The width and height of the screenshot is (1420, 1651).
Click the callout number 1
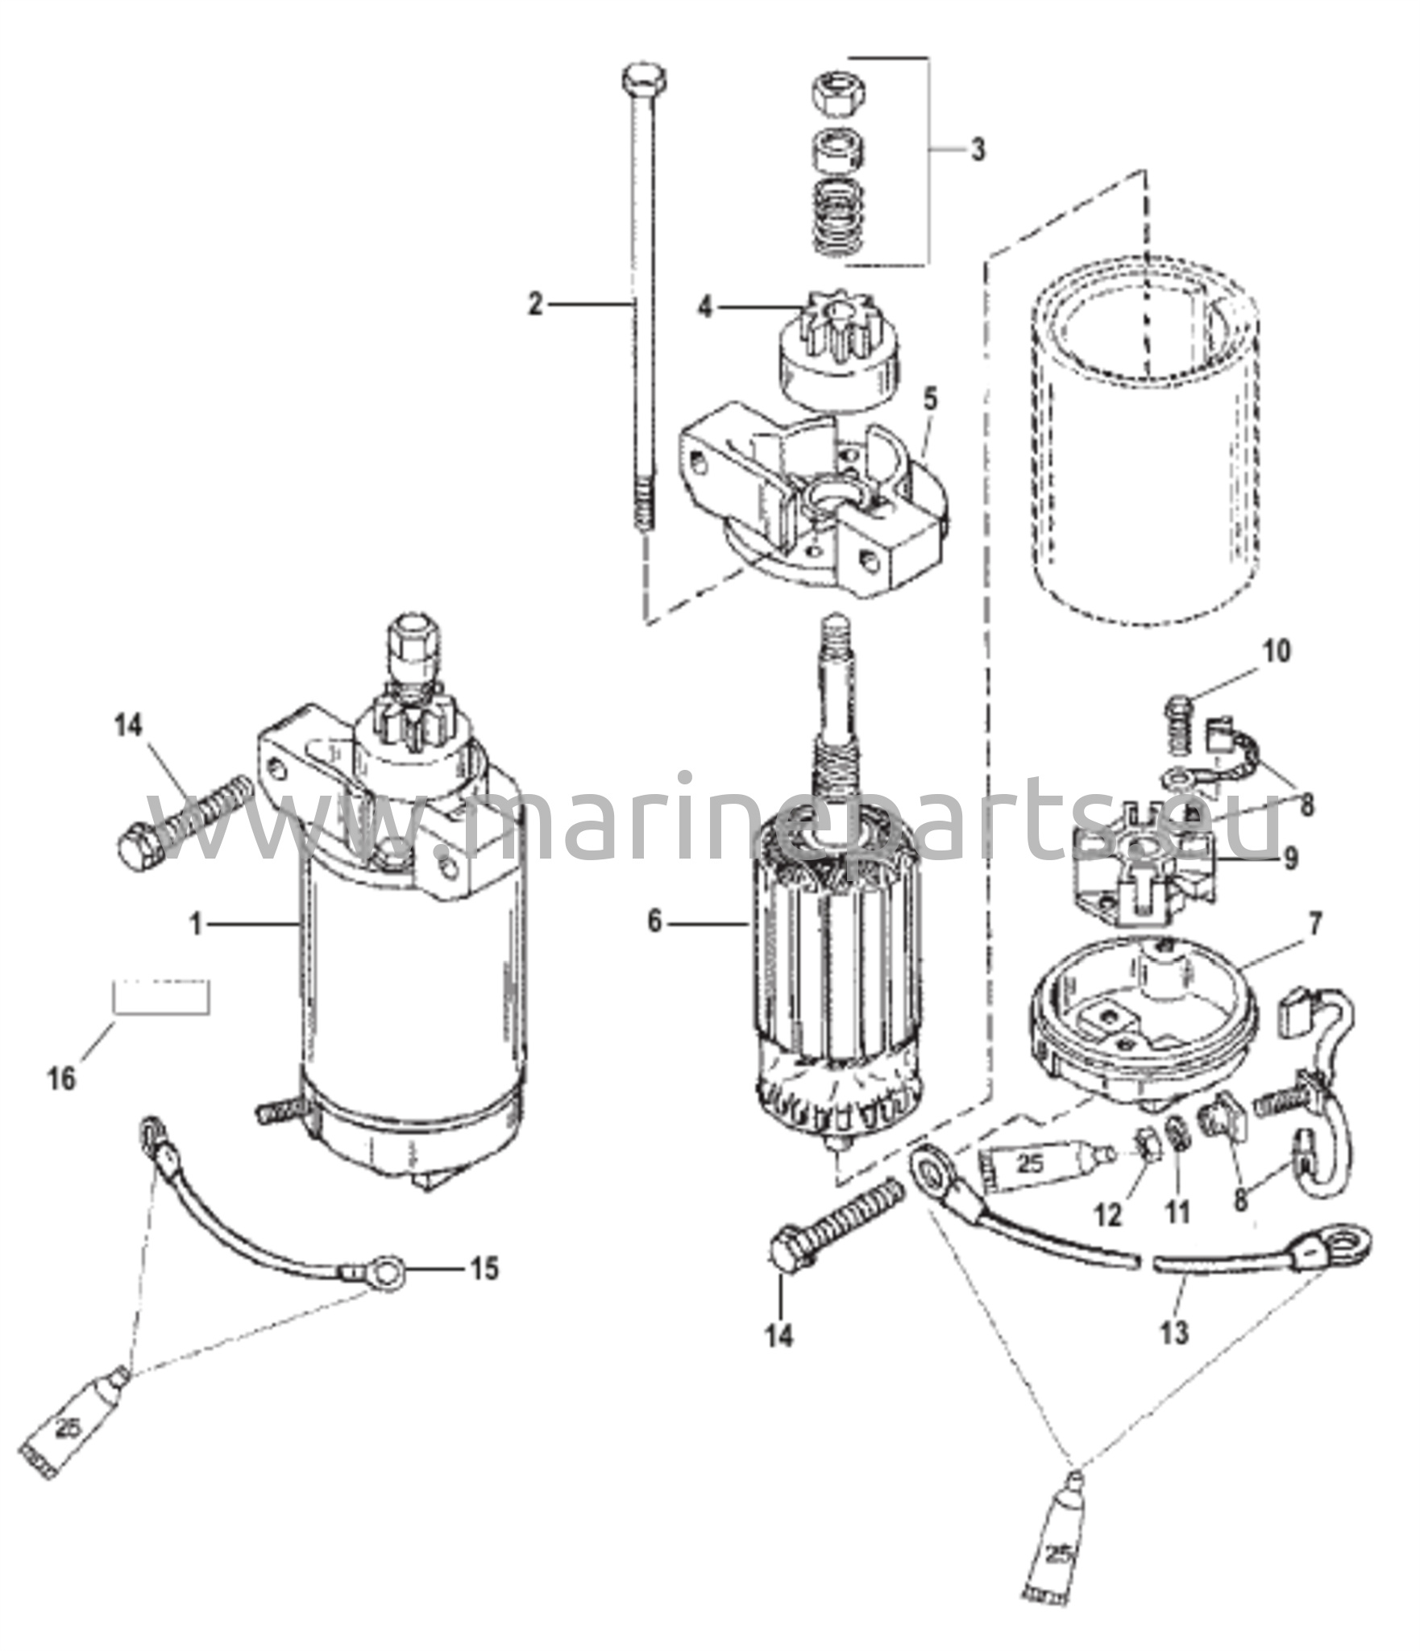pyautogui.click(x=196, y=924)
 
